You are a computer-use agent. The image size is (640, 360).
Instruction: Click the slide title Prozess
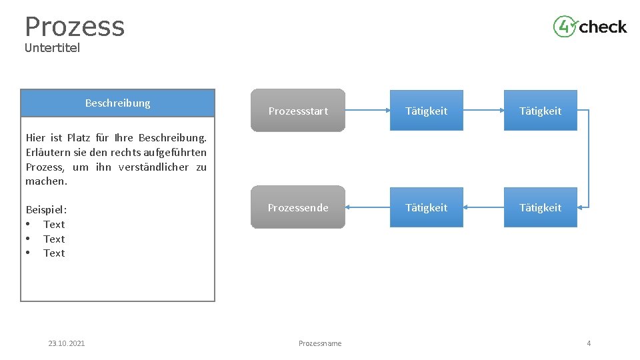pos(75,27)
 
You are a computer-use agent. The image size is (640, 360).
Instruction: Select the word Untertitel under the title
pos(52,48)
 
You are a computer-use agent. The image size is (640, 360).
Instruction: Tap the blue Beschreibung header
pos(118,103)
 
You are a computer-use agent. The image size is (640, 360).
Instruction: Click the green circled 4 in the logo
pos(564,27)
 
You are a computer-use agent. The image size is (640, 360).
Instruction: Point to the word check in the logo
pos(603,27)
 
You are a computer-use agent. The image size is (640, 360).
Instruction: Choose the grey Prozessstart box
pos(298,111)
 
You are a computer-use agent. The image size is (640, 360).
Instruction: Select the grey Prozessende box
pos(298,207)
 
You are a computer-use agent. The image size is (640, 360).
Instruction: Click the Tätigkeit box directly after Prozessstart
pos(426,111)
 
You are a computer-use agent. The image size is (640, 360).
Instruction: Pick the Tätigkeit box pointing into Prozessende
pos(426,207)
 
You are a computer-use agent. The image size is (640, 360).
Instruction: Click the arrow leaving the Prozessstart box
pos(367,111)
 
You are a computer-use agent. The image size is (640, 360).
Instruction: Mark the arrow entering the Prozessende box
pos(367,207)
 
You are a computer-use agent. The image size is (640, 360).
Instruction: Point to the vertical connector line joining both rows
pos(589,159)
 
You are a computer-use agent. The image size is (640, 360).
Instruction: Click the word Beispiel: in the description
pos(46,209)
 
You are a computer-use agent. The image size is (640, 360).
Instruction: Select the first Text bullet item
pos(54,225)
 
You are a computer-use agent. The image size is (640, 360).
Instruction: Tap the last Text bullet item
pos(54,253)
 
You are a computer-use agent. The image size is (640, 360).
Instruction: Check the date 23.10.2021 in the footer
pos(67,343)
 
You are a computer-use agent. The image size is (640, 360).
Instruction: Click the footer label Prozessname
pos(320,343)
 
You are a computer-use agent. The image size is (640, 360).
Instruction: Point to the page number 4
pos(589,343)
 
